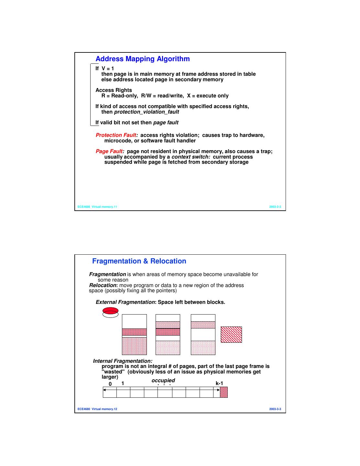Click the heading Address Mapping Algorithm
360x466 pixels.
click(142, 59)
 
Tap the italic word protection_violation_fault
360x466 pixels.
click(147, 112)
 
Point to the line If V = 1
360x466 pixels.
click(104, 69)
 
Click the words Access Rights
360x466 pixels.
click(114, 90)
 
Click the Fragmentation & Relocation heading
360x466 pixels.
click(139, 261)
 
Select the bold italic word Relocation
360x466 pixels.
click(103, 285)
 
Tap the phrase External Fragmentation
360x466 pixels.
click(125, 302)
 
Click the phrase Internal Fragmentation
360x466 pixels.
click(123, 361)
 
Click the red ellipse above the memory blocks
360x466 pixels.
click(110, 311)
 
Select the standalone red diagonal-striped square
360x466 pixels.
click(231, 335)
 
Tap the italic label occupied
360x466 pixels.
click(163, 381)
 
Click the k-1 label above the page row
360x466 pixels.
click(219, 383)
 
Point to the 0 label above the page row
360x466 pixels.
click(110, 384)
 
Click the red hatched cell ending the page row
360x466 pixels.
click(224, 392)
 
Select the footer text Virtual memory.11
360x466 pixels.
click(104, 207)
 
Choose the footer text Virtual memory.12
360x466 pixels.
click(104, 409)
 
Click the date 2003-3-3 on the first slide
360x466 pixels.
click(275, 207)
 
